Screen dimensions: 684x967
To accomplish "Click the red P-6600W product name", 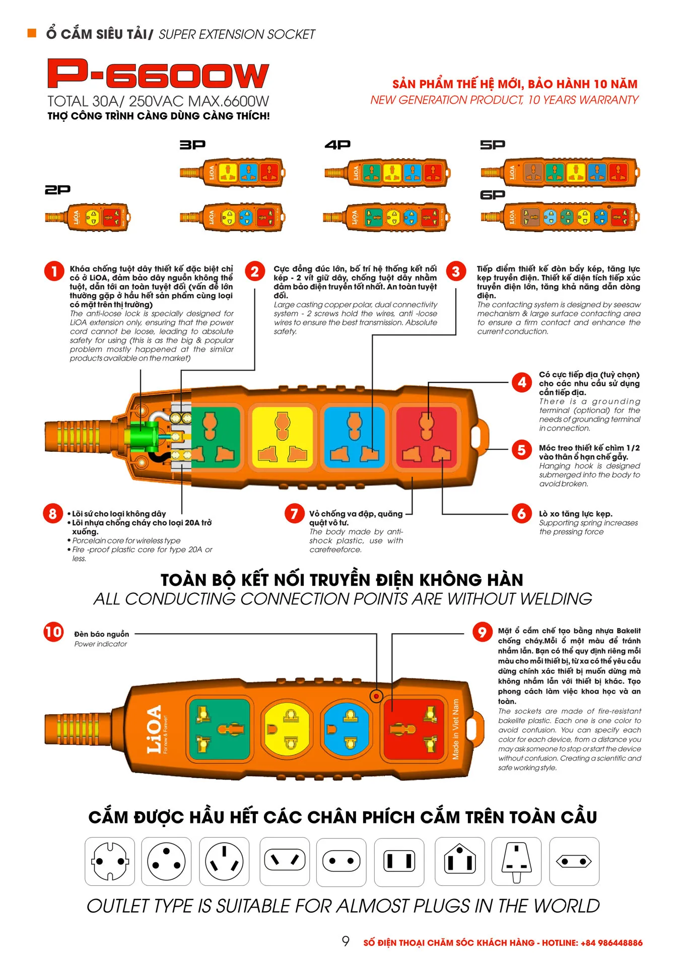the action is pyautogui.click(x=158, y=74).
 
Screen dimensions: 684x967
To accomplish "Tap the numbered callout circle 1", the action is pyautogui.click(x=54, y=271).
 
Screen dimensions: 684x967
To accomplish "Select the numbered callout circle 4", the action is pyautogui.click(x=522, y=382).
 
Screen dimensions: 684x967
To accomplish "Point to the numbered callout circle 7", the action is pyautogui.click(x=294, y=514).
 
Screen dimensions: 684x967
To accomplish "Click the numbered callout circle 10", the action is pyautogui.click(x=53, y=632).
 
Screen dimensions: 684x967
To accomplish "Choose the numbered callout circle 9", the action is pyautogui.click(x=482, y=632).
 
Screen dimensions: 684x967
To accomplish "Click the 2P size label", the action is pyautogui.click(x=57, y=190).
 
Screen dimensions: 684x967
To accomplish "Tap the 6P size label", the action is pyautogui.click(x=493, y=195).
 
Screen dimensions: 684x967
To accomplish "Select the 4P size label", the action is pyautogui.click(x=337, y=145).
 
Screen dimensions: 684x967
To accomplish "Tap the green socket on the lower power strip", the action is pyautogui.click(x=219, y=729).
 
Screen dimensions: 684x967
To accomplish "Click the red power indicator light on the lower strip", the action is pyautogui.click(x=376, y=696).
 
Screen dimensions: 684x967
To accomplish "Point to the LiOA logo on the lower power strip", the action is pyautogui.click(x=154, y=729).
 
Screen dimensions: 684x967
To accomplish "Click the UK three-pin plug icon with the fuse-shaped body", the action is pyautogui.click(x=516, y=862).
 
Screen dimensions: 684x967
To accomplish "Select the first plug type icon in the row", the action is pyautogui.click(x=110, y=861).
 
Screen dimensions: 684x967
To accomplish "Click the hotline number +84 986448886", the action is pyautogui.click(x=611, y=943).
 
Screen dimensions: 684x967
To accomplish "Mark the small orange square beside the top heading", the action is pyautogui.click(x=32, y=33).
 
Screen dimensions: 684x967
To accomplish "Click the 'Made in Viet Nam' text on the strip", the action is pyautogui.click(x=456, y=729).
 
